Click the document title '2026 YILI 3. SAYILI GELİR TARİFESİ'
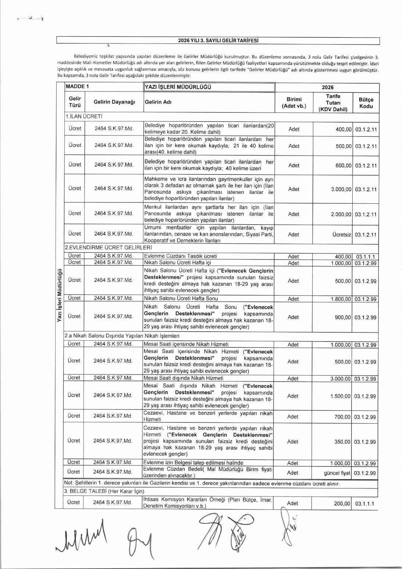[218, 41]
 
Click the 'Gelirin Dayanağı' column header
[114, 102]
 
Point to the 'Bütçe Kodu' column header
[366, 103]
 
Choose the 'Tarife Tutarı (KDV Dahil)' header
[333, 103]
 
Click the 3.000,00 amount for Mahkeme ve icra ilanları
[341, 189]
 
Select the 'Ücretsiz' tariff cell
[342, 235]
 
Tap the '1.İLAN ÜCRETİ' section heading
[84, 116]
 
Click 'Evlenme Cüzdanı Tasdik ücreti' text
[181, 256]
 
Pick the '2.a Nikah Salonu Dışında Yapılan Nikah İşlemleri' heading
[122, 336]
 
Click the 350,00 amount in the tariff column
[342, 442]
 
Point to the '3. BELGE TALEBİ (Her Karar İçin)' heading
[104, 491]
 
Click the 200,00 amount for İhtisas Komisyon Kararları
[342, 504]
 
